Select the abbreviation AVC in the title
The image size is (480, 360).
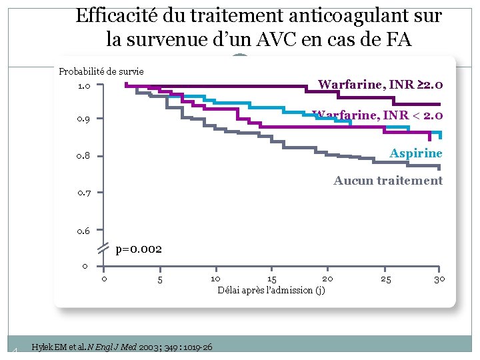point(277,39)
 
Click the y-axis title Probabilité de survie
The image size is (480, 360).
point(101,71)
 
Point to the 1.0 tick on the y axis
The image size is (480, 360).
point(84,86)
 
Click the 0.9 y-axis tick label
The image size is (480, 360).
point(83,119)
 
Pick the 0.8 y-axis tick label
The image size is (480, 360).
point(83,156)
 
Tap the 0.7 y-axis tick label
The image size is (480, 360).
point(84,193)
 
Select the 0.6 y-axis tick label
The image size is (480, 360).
point(83,231)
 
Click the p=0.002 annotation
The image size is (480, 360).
point(139,250)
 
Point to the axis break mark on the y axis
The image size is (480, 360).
point(103,248)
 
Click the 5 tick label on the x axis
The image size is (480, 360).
point(160,279)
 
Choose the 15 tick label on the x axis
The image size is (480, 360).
point(272,279)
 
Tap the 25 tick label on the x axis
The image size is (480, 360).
point(386,279)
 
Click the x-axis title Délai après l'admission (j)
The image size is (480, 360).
point(271,290)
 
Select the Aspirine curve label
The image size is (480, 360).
point(416,153)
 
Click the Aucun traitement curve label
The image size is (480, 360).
point(388,180)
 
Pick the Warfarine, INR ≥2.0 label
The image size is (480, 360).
point(381,84)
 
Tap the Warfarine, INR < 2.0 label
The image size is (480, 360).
point(377,115)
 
